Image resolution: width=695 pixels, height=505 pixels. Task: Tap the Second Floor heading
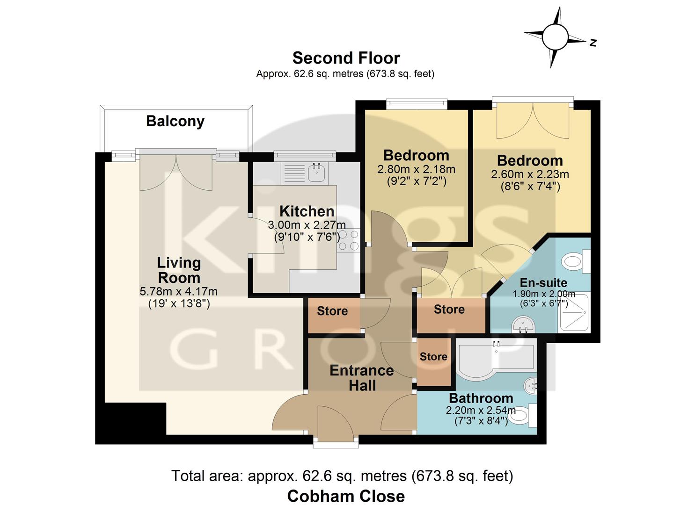click(346, 58)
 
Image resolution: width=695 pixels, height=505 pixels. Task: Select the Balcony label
click(175, 121)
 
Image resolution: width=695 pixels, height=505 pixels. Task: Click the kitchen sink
click(317, 172)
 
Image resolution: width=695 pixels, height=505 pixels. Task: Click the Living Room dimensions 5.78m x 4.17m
click(178, 292)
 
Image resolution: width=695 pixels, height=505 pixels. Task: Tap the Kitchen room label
click(307, 211)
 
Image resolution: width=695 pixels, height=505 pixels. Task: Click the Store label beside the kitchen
click(332, 311)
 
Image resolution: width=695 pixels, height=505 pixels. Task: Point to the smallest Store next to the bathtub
click(433, 357)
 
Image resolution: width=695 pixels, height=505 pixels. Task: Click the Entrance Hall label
click(361, 378)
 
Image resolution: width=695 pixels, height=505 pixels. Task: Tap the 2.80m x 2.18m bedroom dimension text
click(416, 169)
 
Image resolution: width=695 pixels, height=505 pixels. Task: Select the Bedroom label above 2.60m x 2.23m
click(530, 160)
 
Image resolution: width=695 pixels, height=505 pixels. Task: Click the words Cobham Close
click(346, 496)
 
